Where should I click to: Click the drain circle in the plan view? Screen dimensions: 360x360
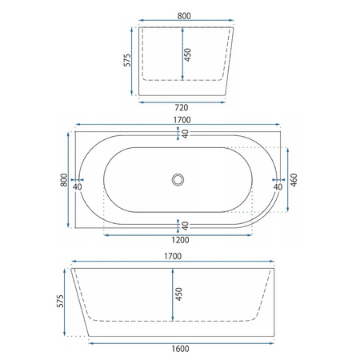[x=178, y=179]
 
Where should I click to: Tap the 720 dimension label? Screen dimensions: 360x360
[x=182, y=108]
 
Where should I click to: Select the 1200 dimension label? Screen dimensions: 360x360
[x=180, y=240]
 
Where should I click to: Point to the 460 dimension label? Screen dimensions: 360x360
[x=294, y=180]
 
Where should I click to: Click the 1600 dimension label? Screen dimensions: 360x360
[x=180, y=349]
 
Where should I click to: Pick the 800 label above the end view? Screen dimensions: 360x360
[x=184, y=16]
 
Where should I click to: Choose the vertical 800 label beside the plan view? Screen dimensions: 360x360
[x=64, y=180]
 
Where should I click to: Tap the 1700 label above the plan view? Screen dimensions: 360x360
[x=182, y=120]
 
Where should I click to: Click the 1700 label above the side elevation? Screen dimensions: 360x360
[x=173, y=256]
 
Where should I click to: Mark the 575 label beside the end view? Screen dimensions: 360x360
[x=127, y=60]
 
